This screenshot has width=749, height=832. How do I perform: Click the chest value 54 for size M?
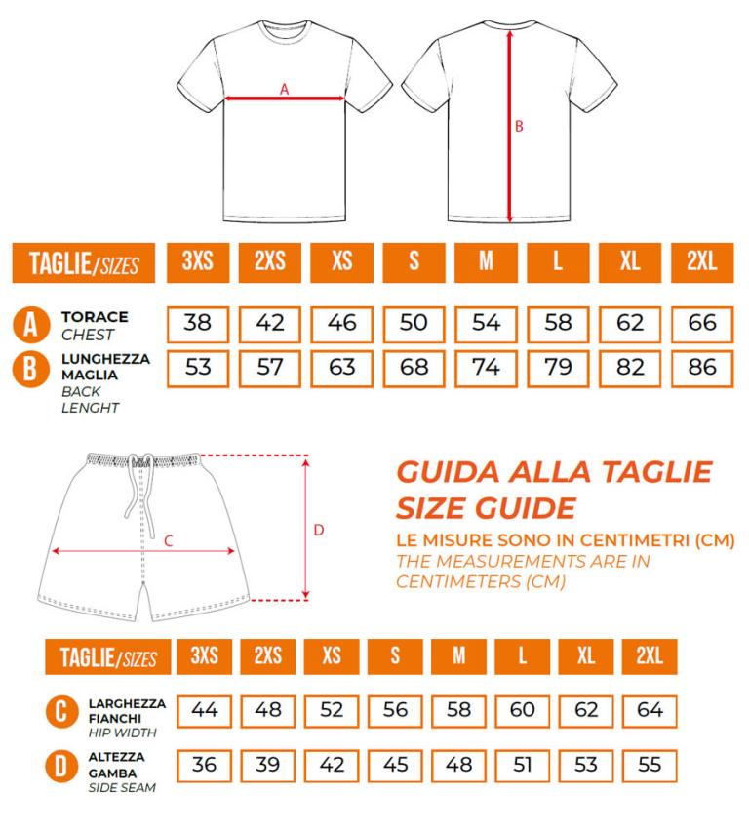[486, 324]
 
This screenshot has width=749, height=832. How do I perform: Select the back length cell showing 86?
[702, 369]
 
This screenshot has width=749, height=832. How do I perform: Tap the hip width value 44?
[204, 711]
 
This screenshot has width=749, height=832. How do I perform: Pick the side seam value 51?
[522, 765]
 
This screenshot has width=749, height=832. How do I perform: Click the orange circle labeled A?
[31, 324]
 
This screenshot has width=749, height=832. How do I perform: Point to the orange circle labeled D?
[61, 766]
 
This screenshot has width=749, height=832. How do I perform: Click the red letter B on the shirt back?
[519, 126]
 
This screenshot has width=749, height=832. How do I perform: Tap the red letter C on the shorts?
[169, 541]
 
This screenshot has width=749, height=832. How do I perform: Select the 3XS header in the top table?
[198, 262]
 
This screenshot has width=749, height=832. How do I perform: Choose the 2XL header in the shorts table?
[650, 655]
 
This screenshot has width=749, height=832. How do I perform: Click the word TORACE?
[95, 317]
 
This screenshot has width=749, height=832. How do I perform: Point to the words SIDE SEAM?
[122, 787]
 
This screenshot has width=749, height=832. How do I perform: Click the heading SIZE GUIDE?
[486, 508]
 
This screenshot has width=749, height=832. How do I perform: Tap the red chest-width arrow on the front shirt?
[285, 99]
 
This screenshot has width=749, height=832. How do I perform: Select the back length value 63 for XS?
[341, 369]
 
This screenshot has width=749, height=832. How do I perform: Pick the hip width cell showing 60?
[522, 711]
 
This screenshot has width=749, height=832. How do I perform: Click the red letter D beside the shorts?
[318, 530]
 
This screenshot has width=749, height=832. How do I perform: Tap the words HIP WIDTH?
[123, 733]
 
